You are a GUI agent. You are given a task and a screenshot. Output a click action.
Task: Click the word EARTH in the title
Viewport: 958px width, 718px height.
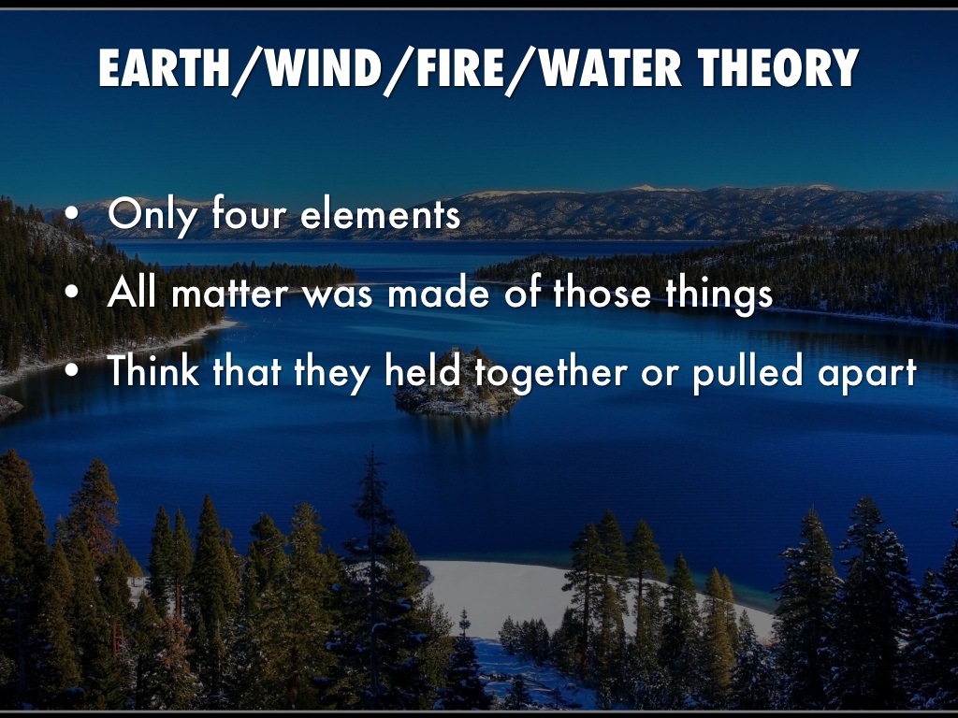(x=165, y=67)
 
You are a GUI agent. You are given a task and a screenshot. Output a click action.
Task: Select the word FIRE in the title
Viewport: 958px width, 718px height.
(x=460, y=67)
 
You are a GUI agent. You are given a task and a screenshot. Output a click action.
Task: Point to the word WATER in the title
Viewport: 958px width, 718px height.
(x=611, y=67)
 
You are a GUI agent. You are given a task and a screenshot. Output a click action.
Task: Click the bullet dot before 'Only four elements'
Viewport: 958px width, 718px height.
(x=71, y=215)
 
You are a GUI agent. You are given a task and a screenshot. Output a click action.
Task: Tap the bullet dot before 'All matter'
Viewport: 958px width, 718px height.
(x=71, y=293)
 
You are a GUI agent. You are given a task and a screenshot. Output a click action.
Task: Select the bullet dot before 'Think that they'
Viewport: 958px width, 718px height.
(x=71, y=370)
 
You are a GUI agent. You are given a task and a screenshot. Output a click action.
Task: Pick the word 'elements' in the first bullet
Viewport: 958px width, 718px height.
(x=381, y=213)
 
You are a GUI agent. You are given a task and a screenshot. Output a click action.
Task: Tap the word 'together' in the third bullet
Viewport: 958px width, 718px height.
(x=550, y=372)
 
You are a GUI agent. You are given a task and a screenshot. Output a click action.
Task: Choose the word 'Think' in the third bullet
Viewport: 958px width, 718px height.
(x=153, y=369)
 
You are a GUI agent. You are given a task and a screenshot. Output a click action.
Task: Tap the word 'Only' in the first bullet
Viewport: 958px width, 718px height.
(x=152, y=215)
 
